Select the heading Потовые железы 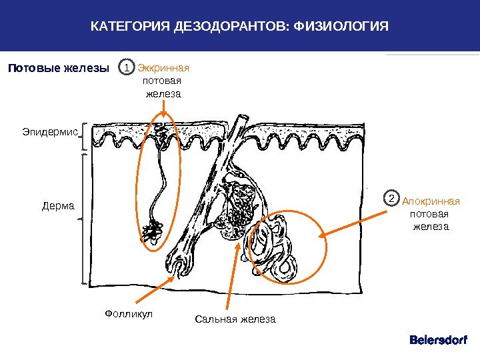click(x=58, y=68)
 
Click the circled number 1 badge click(x=126, y=68)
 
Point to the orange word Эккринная click(x=163, y=68)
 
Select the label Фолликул click(x=129, y=313)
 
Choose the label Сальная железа click(x=235, y=319)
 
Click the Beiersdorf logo click(x=438, y=340)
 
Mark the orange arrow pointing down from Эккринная click(x=163, y=110)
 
